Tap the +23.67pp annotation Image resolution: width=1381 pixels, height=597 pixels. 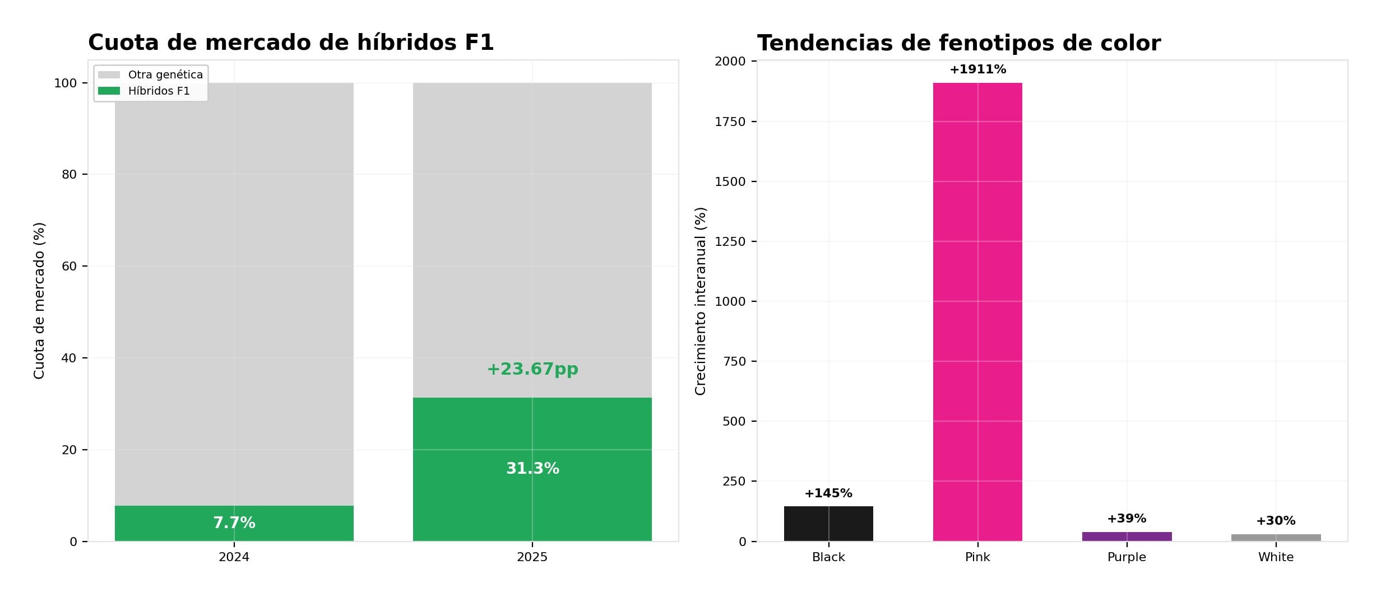click(532, 369)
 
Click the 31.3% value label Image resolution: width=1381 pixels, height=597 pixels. click(532, 468)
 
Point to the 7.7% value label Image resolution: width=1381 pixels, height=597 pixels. click(234, 523)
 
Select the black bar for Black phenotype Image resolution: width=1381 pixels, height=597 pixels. click(828, 524)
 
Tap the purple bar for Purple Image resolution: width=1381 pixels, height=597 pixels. click(1127, 537)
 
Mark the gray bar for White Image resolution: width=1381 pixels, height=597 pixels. click(1276, 538)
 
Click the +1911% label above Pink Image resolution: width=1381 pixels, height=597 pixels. click(977, 69)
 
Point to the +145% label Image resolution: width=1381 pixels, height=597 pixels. click(828, 493)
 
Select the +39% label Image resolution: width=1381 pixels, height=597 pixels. click(1127, 519)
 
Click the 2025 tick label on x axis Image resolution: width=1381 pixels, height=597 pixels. click(532, 557)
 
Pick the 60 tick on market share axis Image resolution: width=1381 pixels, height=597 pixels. click(69, 266)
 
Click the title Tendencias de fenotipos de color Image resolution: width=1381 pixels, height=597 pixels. click(958, 43)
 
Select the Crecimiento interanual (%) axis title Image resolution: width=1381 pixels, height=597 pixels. click(701, 301)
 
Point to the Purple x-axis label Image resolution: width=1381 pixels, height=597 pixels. click(1127, 557)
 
